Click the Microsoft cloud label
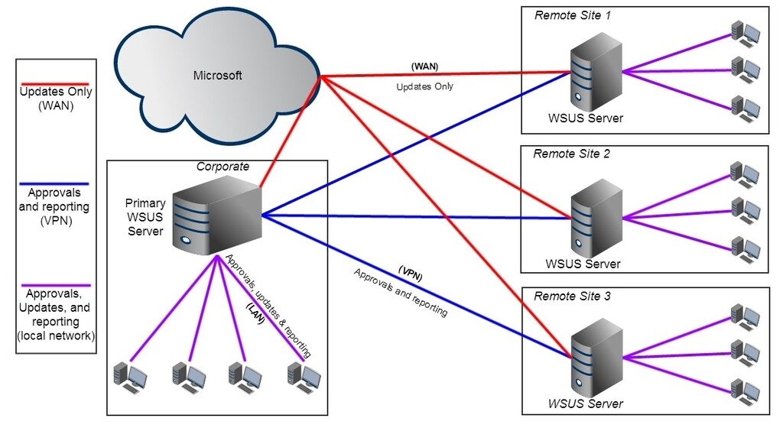pyautogui.click(x=217, y=75)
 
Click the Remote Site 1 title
pyautogui.click(x=572, y=15)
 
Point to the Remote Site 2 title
pyautogui.click(x=572, y=154)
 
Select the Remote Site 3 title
pyautogui.click(x=572, y=295)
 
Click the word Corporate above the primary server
pyautogui.click(x=223, y=166)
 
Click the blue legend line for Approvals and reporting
pyautogui.click(x=56, y=184)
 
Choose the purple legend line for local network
pyautogui.click(x=56, y=283)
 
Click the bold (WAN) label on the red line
pyautogui.click(x=424, y=66)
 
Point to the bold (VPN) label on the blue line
pyautogui.click(x=411, y=274)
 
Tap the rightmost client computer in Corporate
pyautogui.click(x=303, y=374)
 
